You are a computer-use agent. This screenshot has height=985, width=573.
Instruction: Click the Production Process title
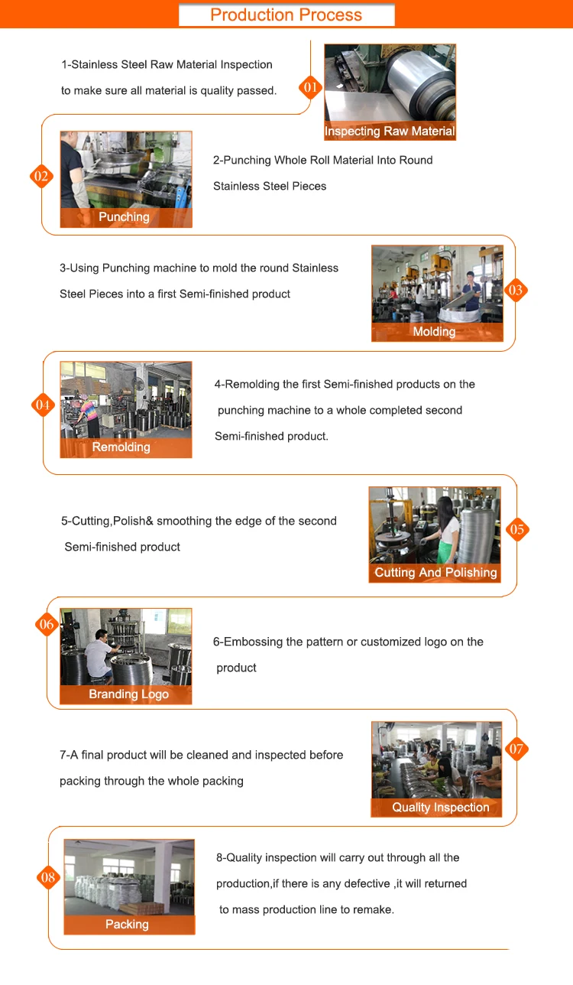pos(286,15)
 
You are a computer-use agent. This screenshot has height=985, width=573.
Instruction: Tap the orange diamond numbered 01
pos(310,87)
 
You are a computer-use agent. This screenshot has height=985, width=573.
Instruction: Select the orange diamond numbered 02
pos(41,177)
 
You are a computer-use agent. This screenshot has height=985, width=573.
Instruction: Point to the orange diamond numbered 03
pos(516,291)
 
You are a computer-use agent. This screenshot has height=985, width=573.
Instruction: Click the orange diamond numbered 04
pos(43,405)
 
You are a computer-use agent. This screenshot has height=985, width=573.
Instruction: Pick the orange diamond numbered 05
pos(517,529)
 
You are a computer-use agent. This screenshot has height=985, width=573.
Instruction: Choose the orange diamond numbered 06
pos(47,624)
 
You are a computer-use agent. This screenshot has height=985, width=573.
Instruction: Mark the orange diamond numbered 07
pos(516,749)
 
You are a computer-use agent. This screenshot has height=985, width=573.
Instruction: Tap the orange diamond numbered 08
pos(48,877)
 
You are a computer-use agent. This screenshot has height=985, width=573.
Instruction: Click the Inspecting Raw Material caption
pos(390,131)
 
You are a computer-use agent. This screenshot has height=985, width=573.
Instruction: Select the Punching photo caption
pos(124,216)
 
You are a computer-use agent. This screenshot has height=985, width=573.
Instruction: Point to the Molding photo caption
pos(434,332)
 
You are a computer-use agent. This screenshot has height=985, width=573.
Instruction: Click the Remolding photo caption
pos(121,447)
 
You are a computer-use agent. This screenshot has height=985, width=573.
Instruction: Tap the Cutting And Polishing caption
pos(435,572)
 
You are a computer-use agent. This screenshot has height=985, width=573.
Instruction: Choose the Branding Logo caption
pos(129,694)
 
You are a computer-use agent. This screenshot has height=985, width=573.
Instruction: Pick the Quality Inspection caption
pos(441,808)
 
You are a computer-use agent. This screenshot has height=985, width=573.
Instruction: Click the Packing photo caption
pos(127,925)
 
